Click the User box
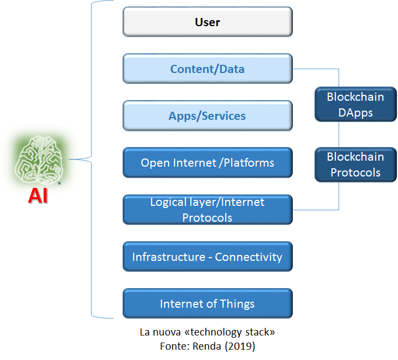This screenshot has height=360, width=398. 207,22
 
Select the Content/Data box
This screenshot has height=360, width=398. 207,69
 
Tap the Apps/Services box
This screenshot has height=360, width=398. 207,116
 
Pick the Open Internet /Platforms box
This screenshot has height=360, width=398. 207,163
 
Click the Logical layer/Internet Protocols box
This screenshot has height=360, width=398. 207,210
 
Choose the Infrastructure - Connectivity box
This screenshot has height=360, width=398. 207,257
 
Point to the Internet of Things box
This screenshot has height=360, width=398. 207,303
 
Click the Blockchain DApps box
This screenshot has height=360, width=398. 355,105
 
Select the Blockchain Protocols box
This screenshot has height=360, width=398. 355,164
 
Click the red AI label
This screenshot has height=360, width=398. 38,195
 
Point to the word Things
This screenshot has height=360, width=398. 237,304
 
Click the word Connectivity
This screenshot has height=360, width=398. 249,257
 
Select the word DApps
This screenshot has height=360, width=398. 355,113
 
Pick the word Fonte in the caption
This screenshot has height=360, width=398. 172,345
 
